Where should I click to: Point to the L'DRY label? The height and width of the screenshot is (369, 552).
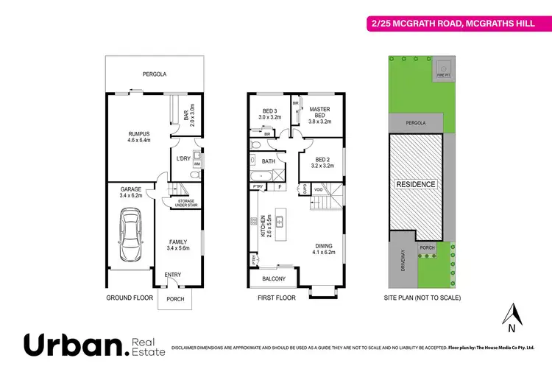pyautogui.click(x=183, y=159)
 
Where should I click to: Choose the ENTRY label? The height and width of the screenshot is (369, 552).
pyautogui.click(x=173, y=275)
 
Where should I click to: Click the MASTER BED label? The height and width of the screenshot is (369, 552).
pyautogui.click(x=318, y=112)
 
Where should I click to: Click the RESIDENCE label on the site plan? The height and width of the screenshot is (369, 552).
pyautogui.click(x=416, y=184)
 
